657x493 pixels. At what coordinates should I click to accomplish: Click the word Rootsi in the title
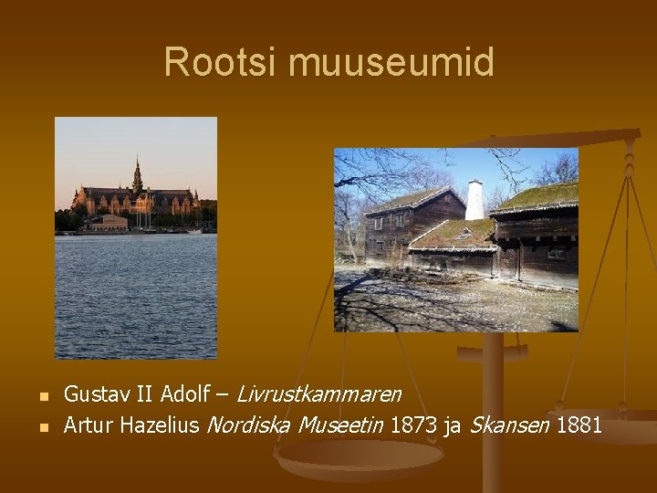(220, 63)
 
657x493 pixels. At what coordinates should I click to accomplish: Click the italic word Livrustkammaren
(318, 394)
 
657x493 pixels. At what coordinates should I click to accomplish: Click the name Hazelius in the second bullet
(160, 425)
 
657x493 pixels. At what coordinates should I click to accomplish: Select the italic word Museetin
(339, 425)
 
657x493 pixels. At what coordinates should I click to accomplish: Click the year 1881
(578, 425)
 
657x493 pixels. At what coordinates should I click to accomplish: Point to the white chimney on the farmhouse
(474, 200)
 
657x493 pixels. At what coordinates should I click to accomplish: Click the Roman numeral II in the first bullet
(144, 394)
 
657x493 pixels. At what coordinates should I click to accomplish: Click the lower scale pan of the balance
(347, 456)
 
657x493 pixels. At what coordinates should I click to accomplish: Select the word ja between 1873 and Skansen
(451, 425)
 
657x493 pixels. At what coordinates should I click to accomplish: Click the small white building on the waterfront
(108, 222)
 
